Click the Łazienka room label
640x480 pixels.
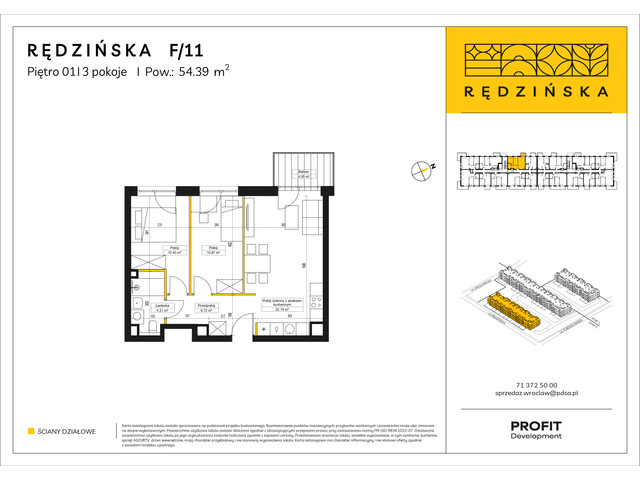146,308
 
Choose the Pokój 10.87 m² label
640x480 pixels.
211,250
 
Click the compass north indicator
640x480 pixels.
421,171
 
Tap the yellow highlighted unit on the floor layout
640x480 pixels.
516,160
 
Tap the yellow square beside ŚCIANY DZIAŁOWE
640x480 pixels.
31,431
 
